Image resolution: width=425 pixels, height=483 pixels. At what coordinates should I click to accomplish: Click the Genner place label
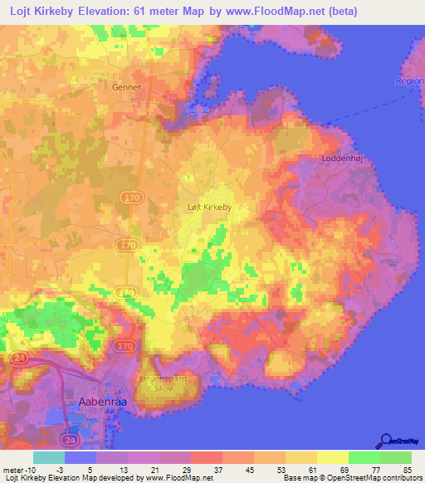(128, 86)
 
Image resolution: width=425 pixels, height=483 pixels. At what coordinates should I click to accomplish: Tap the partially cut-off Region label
(409, 80)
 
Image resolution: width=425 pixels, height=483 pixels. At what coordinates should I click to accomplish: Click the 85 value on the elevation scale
(406, 469)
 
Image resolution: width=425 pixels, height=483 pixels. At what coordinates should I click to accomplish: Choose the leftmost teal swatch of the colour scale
(49, 456)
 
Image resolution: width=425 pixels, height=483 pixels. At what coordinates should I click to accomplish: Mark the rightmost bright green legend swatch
(396, 456)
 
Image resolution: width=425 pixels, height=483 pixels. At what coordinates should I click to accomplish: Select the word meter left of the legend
(14, 469)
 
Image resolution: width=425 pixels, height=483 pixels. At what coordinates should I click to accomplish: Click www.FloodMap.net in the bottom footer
(178, 478)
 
